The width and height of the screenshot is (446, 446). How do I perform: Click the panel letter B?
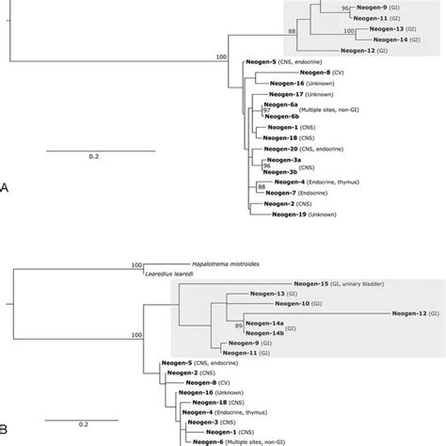coord(6,431)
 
